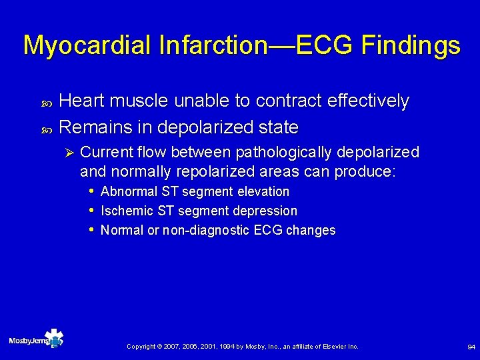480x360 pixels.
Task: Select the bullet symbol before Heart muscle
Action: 46,102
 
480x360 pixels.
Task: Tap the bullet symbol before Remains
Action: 46,127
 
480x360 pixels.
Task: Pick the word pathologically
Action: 283,152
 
